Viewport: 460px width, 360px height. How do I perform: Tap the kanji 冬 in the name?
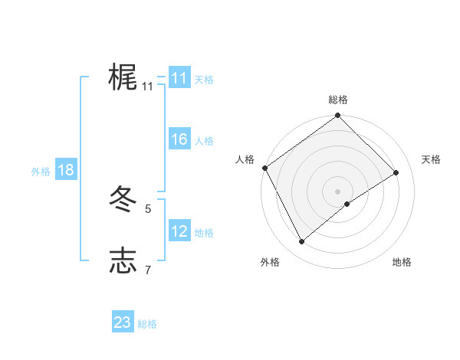point(123,201)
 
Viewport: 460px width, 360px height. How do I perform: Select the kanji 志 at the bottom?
point(123,260)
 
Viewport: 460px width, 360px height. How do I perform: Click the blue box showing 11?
point(179,78)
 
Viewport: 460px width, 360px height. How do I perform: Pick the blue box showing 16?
point(179,139)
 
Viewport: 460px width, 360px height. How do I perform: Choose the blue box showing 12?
point(179,231)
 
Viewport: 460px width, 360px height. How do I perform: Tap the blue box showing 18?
point(66,170)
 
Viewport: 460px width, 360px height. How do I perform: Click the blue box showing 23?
point(122,322)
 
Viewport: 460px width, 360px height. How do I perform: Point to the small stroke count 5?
point(148,208)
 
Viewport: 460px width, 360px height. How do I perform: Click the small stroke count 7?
point(148,269)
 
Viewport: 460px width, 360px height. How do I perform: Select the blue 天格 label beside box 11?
point(204,80)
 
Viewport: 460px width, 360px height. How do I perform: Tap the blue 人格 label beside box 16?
point(204,141)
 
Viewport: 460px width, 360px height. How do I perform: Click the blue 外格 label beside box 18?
point(41,172)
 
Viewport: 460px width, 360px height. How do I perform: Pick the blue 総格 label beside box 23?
point(147,324)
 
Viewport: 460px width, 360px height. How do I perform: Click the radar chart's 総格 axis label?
point(338,100)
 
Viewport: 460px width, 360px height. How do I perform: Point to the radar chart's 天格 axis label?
point(431,159)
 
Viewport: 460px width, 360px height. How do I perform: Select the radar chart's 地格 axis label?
point(402,262)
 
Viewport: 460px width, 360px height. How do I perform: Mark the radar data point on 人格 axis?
point(264,168)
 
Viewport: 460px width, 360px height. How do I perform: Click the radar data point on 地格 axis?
point(347,204)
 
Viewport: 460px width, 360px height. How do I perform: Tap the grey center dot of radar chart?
point(337,191)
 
